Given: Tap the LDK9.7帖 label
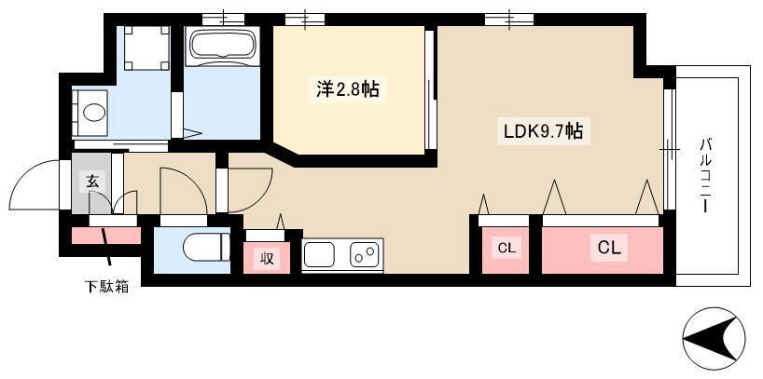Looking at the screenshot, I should click(543, 131).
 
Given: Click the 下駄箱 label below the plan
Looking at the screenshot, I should click(102, 287).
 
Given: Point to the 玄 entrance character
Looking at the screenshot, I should click(92, 181).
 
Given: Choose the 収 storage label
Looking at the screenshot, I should click(266, 258).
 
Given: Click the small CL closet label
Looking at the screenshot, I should click(506, 248).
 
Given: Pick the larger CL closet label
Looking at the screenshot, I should click(610, 248).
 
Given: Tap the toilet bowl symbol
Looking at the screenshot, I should click(204, 249).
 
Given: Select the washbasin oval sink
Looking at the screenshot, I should click(93, 114).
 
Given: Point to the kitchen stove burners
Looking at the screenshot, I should click(364, 252).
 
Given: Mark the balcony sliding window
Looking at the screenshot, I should click(669, 149).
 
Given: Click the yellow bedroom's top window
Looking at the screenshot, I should click(305, 18).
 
